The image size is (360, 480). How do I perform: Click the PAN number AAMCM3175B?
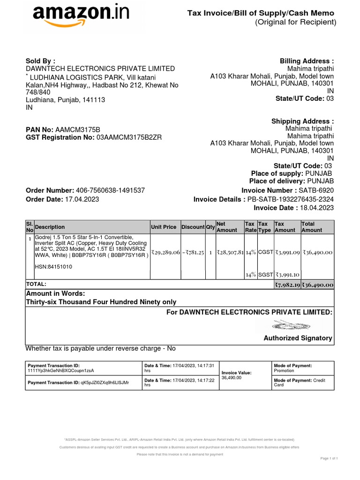pos(78,129)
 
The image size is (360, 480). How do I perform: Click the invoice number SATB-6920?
pos(316,190)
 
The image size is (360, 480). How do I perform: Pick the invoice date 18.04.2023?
pos(317,208)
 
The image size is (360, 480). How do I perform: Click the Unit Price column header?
pos(164,227)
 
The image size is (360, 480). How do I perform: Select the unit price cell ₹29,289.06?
pos(165,252)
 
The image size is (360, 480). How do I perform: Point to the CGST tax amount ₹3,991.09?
pos(287,252)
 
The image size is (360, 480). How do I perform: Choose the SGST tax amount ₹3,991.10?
pos(287,275)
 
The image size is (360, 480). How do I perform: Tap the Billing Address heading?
pos(307,61)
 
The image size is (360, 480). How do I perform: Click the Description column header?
pos(50,227)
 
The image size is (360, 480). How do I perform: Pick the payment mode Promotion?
pos(284,371)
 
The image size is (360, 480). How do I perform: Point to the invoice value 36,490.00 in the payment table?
pos(232,377)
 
